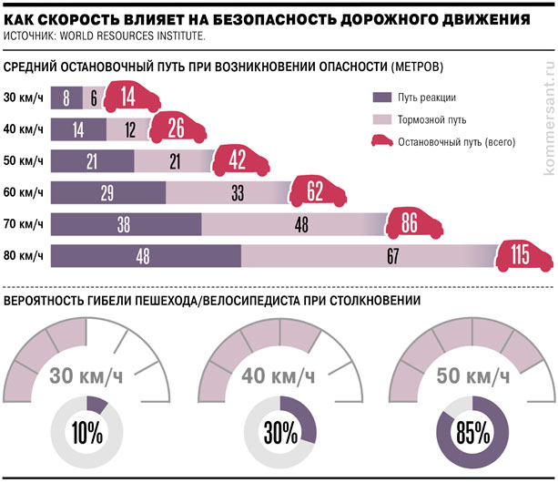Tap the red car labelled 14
127,98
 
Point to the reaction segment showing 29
108,193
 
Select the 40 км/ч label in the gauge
279,375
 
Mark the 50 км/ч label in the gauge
472,375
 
